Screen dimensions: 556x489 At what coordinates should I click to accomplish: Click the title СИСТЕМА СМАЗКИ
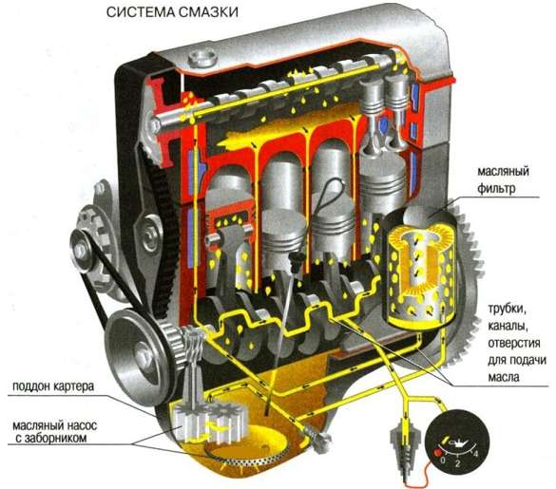point(172,12)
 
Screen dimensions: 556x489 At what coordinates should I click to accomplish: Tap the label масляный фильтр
point(503,179)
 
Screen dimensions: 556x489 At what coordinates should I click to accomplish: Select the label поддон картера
point(53,386)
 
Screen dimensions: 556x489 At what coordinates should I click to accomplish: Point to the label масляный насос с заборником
point(54,432)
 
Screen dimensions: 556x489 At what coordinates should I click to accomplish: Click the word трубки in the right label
point(508,310)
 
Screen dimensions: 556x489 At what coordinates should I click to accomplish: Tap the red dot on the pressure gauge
point(437,453)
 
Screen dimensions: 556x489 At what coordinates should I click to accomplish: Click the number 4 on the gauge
point(476,453)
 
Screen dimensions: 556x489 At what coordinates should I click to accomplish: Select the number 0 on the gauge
point(443,461)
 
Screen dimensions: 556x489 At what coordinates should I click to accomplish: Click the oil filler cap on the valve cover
point(202,58)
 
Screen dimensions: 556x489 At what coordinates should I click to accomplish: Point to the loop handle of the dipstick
point(330,194)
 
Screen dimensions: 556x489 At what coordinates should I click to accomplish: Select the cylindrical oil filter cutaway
point(419,270)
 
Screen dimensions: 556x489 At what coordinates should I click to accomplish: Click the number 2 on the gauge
point(458,463)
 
